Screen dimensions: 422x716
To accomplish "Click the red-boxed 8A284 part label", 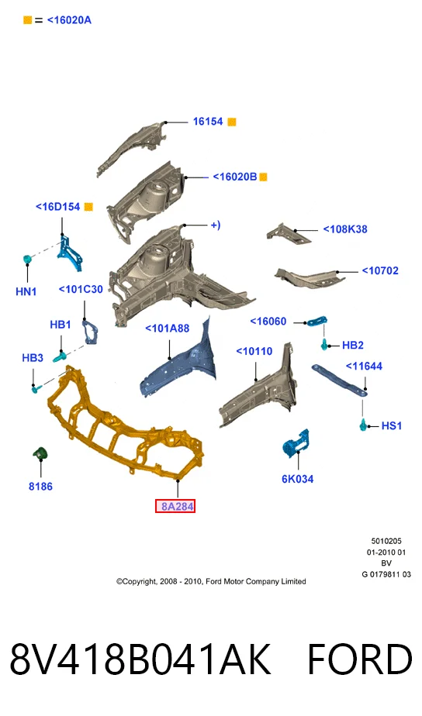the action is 175,506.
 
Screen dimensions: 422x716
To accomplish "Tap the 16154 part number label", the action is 208,122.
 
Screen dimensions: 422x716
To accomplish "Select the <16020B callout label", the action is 235,177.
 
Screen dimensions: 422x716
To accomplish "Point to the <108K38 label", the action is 345,229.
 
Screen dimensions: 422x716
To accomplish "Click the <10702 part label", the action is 380,270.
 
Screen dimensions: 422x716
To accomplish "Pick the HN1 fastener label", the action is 26,291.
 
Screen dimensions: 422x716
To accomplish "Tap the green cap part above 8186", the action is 40,453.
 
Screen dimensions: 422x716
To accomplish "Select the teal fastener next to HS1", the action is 364,425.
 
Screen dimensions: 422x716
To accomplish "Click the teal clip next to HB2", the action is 324,345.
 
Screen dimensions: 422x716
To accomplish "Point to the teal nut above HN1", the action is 27,260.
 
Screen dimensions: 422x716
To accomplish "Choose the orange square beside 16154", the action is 232,122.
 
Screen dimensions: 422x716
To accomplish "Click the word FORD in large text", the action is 359,659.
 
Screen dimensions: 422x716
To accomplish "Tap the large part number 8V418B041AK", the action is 140,659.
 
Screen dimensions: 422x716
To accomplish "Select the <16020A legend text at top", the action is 69,20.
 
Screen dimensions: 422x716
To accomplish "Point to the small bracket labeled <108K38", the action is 289,233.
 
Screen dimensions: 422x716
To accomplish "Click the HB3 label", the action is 33,357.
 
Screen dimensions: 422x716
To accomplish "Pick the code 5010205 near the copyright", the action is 386,541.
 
